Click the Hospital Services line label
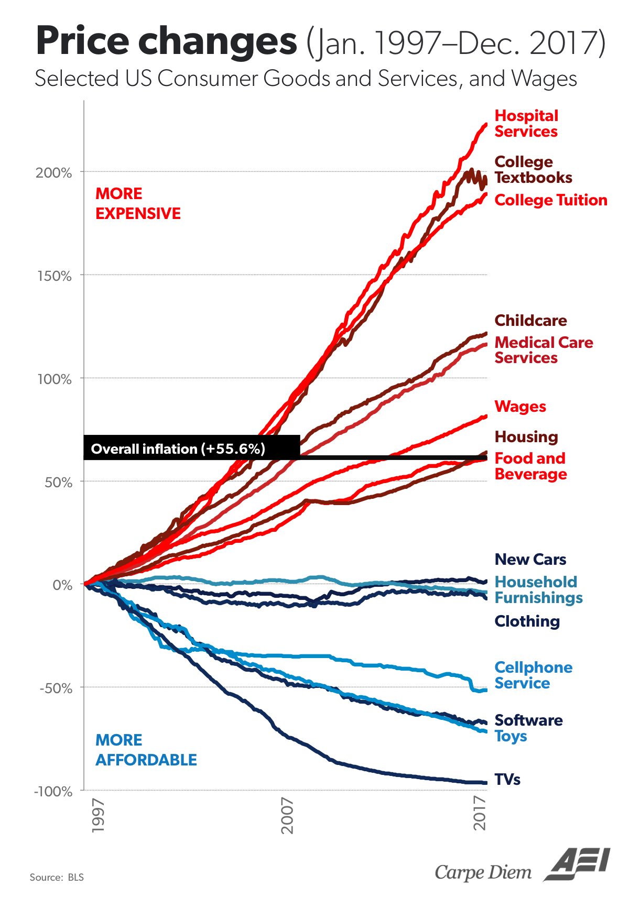[x=526, y=124]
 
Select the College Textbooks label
[x=533, y=170]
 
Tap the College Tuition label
[x=551, y=200]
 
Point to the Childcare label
[x=530, y=320]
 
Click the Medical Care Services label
[x=544, y=350]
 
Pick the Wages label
[x=520, y=407]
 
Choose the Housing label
[x=526, y=436]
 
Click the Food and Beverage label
[x=530, y=466]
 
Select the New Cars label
[x=530, y=559]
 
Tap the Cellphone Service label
[x=533, y=675]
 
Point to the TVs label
[x=507, y=780]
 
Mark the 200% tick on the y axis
[x=54, y=173]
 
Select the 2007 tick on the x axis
[x=287, y=815]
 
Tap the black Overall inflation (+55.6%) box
[x=192, y=447]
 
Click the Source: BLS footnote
[x=57, y=877]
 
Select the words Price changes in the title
[x=166, y=41]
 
